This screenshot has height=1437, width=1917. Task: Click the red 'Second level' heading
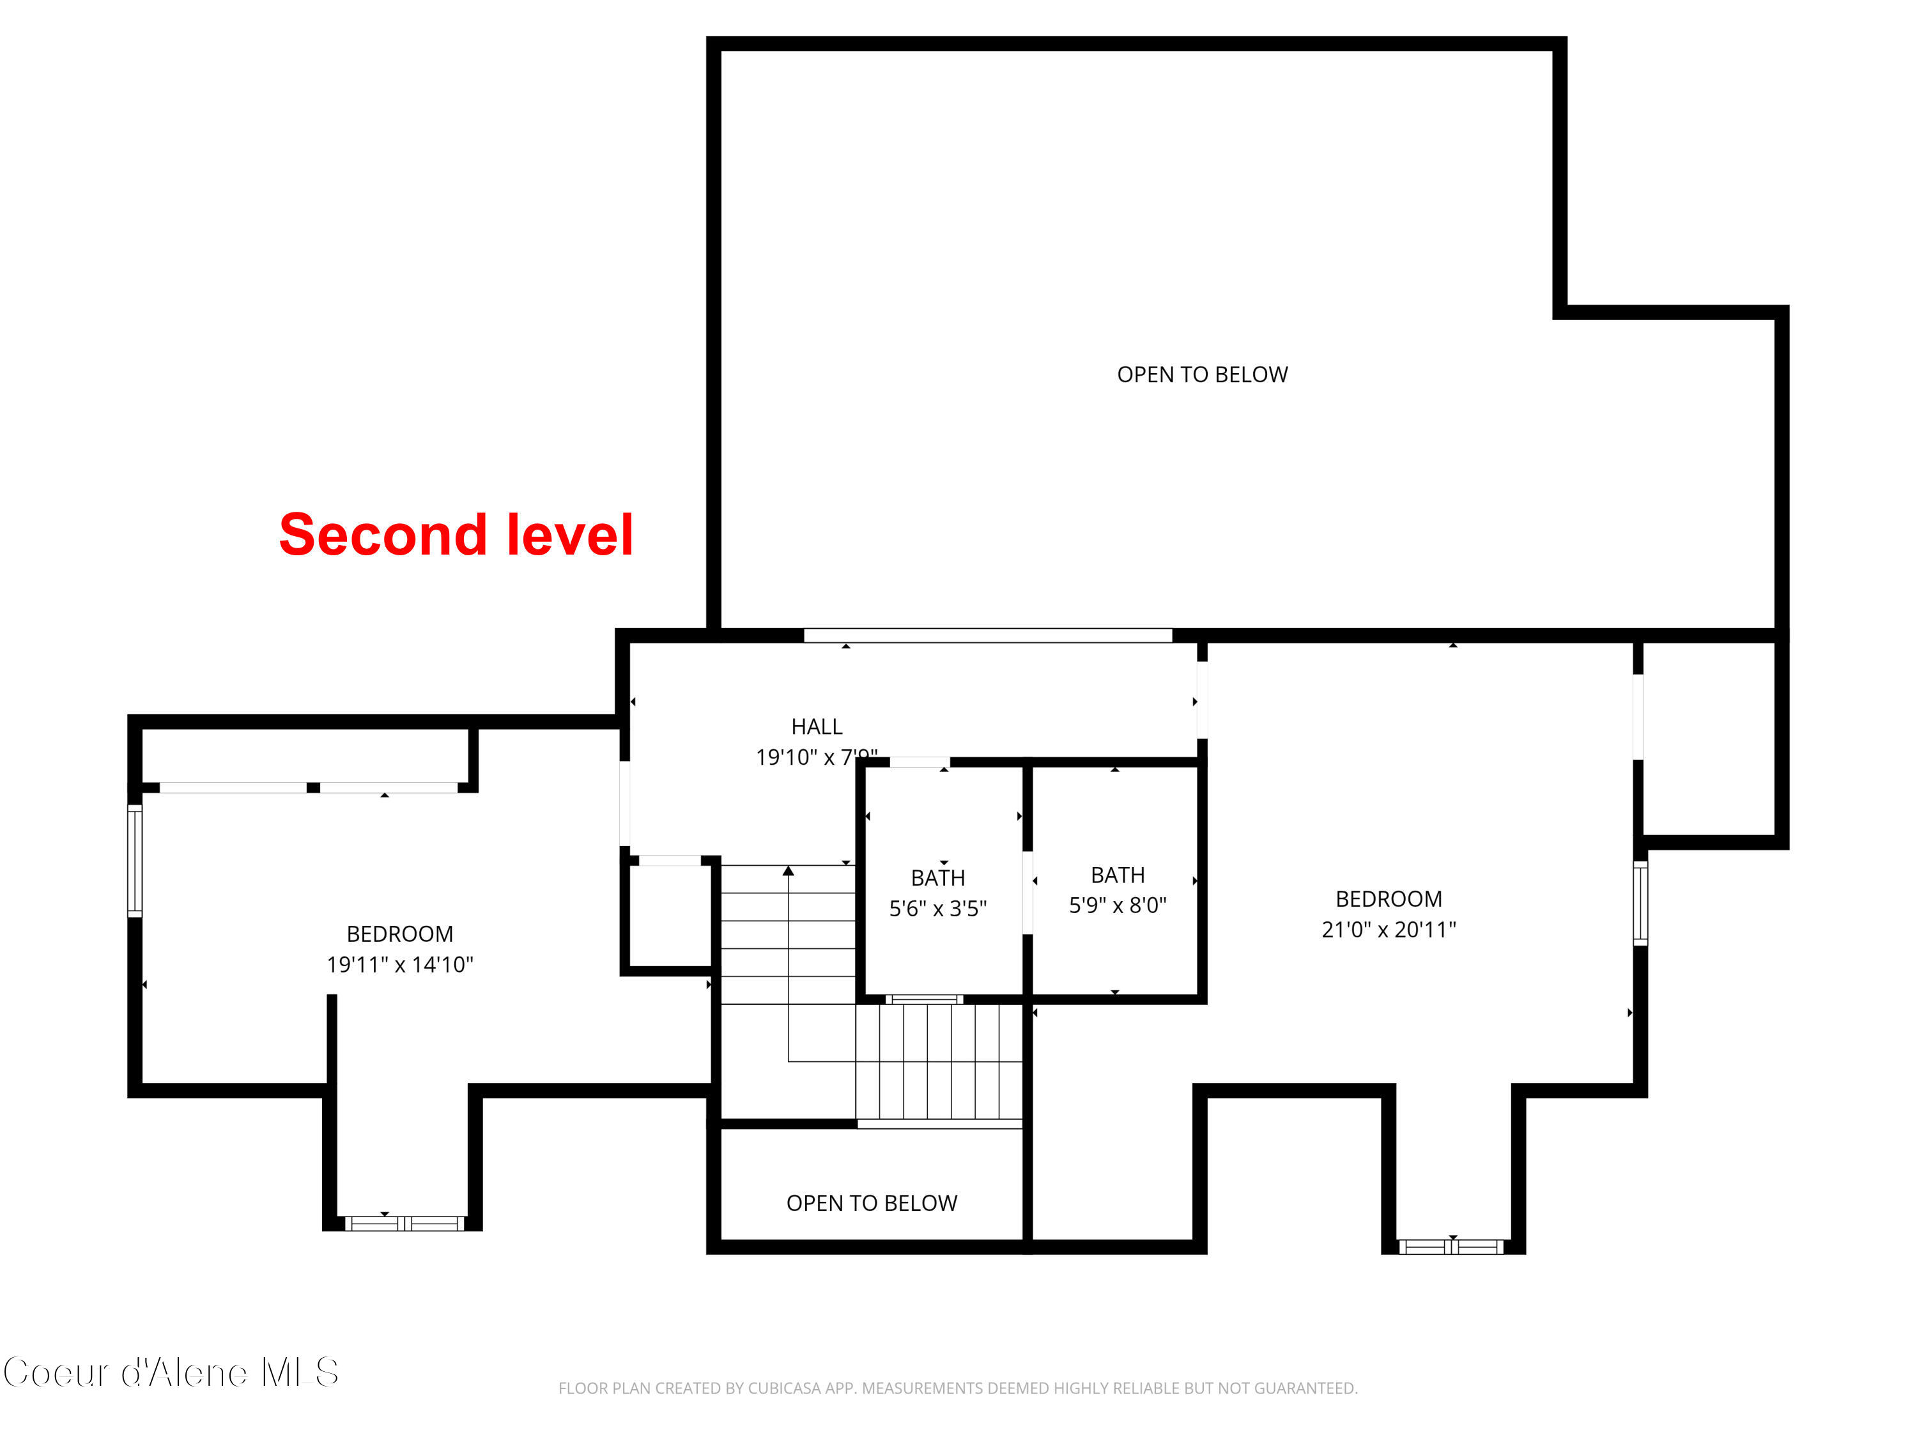[x=456, y=535]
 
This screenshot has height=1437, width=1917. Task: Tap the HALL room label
[x=817, y=726]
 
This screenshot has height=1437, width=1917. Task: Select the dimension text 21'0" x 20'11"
[x=1389, y=930]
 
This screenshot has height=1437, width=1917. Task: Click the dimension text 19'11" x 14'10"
[x=399, y=965]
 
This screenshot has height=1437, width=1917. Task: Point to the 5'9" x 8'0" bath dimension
[x=1117, y=905]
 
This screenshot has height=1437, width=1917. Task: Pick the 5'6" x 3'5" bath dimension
[x=937, y=909]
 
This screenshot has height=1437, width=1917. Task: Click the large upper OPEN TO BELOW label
[x=1202, y=374]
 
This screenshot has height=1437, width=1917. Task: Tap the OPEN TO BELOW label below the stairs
[x=871, y=1203]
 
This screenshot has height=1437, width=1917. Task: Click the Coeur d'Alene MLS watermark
[x=171, y=1373]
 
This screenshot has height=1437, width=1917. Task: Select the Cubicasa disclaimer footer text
[x=958, y=1388]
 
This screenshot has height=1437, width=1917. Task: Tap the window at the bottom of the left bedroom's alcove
[x=404, y=1224]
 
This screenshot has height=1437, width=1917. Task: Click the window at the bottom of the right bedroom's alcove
[x=1452, y=1247]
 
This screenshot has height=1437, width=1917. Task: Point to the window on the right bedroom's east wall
[x=1640, y=903]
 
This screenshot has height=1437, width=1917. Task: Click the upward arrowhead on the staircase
[x=788, y=871]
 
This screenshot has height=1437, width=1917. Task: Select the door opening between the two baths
[x=1028, y=893]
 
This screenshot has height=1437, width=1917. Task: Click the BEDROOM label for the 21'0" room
[x=1389, y=899]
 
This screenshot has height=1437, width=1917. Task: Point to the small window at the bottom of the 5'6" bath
[x=924, y=999]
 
